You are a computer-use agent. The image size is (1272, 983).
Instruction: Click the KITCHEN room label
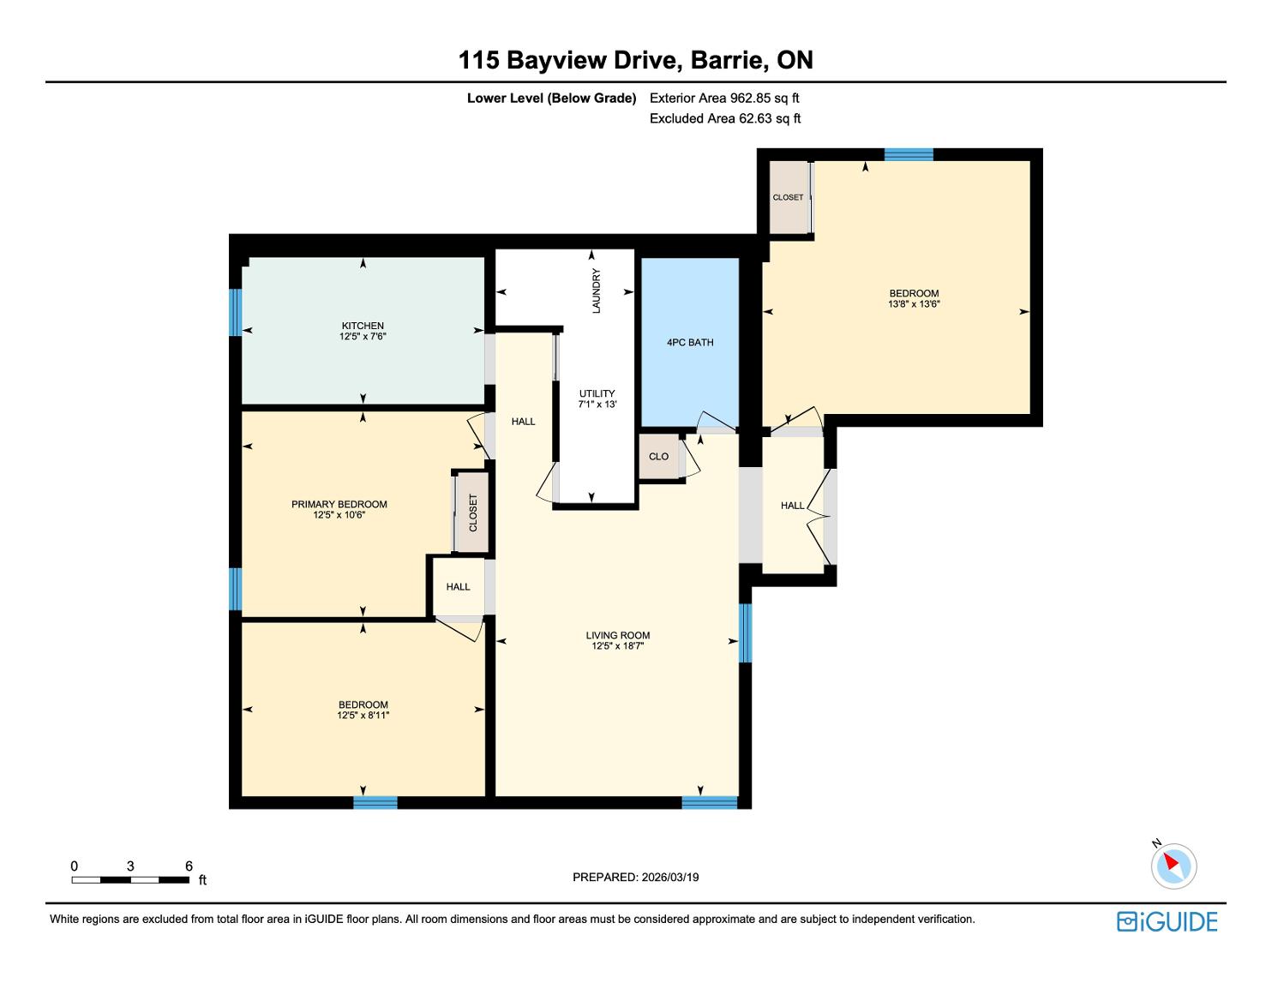point(363,326)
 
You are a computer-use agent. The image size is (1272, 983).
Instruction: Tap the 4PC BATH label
point(690,342)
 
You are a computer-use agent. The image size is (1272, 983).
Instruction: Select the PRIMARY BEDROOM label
point(339,505)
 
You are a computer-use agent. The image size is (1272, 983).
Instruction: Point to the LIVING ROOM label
point(617,635)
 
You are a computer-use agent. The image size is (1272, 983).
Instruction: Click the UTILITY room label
point(597,393)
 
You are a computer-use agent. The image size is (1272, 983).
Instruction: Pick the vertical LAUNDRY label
point(597,291)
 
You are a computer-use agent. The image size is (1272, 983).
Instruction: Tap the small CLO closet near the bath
point(658,457)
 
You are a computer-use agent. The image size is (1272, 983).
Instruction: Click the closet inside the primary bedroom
point(472,512)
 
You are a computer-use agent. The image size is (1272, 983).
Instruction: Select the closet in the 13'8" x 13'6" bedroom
point(789,197)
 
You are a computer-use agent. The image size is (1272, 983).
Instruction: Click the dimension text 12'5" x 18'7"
point(617,646)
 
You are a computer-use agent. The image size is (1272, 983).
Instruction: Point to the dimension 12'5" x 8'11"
point(363,715)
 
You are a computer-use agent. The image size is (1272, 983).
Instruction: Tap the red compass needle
point(1171,861)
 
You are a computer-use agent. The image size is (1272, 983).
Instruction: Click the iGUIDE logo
point(1167,921)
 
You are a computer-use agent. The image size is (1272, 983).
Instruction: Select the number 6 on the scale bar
point(189,866)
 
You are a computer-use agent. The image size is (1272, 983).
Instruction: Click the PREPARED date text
point(636,877)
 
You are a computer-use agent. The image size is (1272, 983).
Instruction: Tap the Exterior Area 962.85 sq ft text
point(724,99)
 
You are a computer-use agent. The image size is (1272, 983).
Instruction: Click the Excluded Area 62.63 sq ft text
point(724,119)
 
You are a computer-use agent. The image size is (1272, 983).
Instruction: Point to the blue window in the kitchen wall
point(236,313)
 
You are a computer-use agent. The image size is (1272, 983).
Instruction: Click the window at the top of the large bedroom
point(909,154)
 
